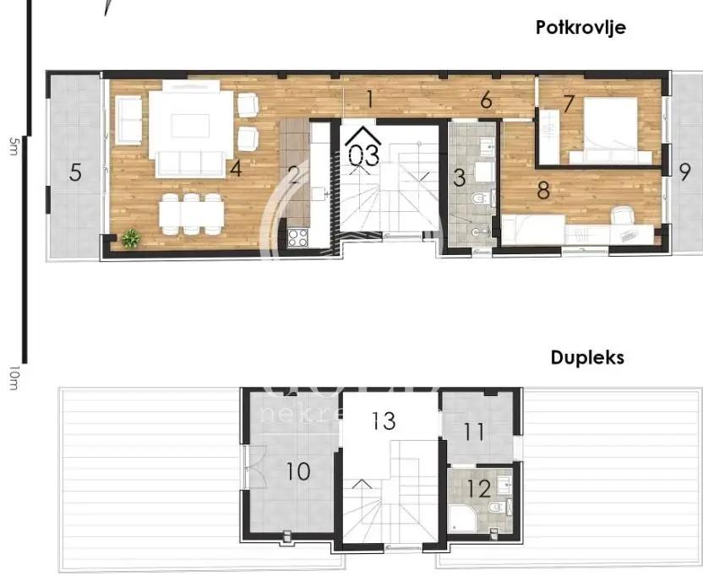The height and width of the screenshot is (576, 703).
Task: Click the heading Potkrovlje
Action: pyautogui.click(x=580, y=28)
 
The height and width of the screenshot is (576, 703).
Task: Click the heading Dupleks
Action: pyautogui.click(x=587, y=357)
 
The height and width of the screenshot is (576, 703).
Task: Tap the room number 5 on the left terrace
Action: pyautogui.click(x=76, y=173)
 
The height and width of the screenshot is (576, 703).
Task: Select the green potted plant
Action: pyautogui.click(x=130, y=238)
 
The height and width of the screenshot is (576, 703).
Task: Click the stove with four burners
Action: pyautogui.click(x=298, y=237)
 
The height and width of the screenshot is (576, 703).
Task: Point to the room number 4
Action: pyautogui.click(x=235, y=169)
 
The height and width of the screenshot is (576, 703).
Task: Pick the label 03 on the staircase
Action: pyautogui.click(x=364, y=155)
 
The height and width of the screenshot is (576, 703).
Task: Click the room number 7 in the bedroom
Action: pyautogui.click(x=569, y=104)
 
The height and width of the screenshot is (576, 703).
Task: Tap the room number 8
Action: pyautogui.click(x=543, y=191)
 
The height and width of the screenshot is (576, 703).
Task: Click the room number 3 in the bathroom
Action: pyautogui.click(x=460, y=178)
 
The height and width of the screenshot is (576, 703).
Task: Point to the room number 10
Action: pyautogui.click(x=297, y=471)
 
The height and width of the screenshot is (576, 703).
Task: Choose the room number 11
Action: pyautogui.click(x=474, y=432)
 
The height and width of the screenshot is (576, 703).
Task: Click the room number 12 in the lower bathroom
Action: pyautogui.click(x=478, y=488)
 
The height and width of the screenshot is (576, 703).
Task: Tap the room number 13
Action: pyautogui.click(x=384, y=421)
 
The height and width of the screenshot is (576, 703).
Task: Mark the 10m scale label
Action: pyautogui.click(x=12, y=378)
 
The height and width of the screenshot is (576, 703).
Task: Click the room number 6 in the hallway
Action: pyautogui.click(x=486, y=101)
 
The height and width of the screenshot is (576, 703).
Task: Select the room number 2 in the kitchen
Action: pyautogui.click(x=294, y=175)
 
